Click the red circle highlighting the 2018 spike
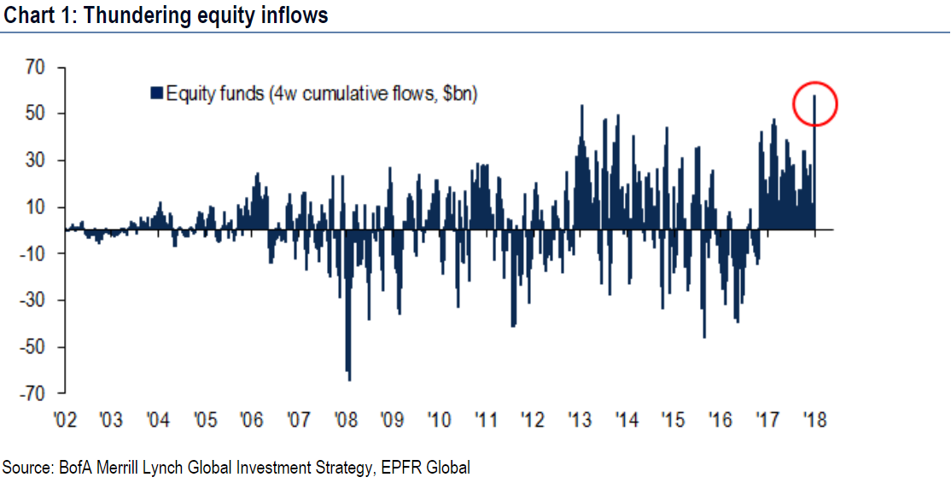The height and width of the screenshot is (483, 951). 815,104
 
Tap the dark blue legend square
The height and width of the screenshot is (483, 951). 156,94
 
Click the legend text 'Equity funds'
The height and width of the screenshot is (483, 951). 215,94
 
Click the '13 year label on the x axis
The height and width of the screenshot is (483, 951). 580,420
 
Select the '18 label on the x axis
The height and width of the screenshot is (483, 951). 814,420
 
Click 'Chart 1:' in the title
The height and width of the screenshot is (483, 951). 36,15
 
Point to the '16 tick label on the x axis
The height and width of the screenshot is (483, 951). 720,420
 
